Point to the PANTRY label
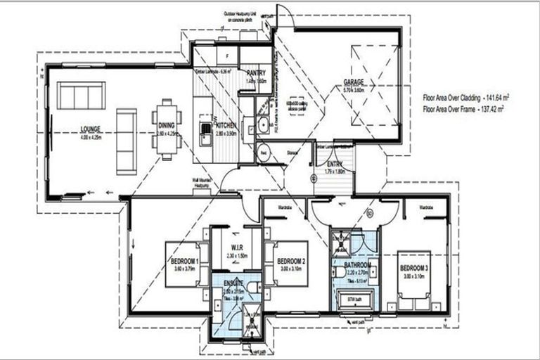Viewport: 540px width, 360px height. point(252,73)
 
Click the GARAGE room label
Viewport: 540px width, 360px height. point(354,82)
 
